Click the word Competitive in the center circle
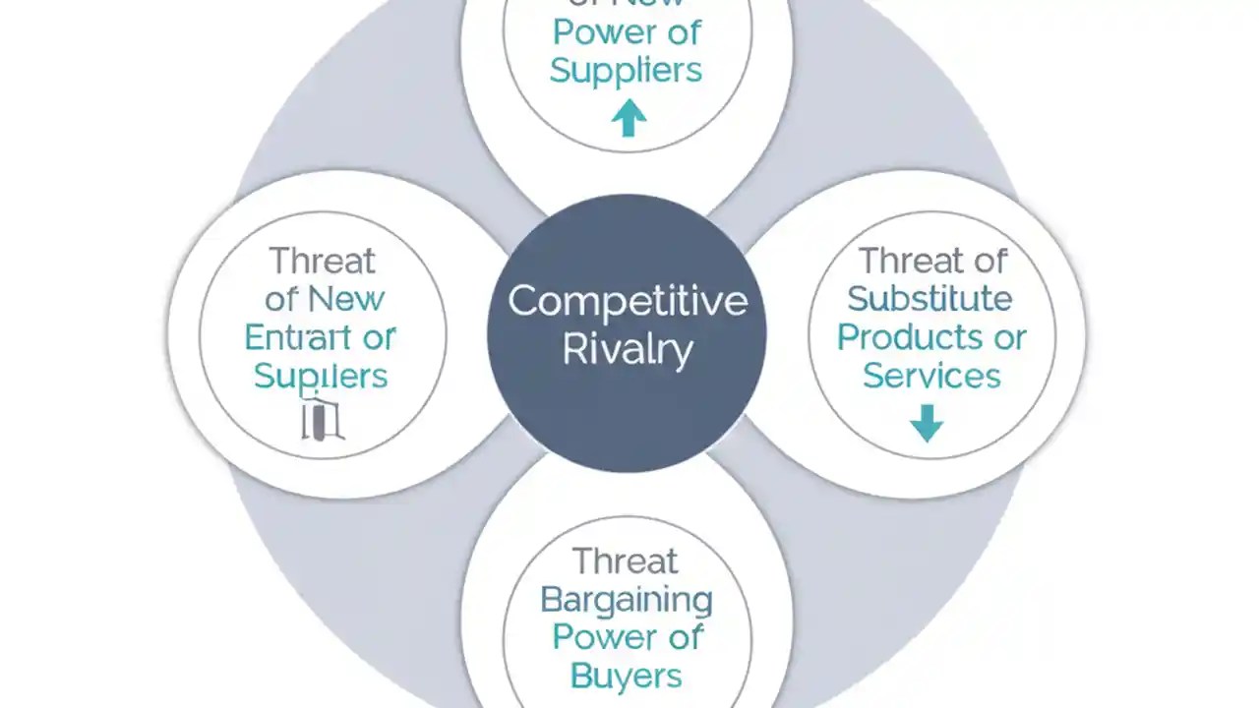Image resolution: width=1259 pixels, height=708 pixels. point(627,301)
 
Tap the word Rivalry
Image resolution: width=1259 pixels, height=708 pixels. point(627,350)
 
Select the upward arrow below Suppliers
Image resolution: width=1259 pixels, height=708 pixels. point(629,118)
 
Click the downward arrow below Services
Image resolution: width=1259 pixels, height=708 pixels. point(927,424)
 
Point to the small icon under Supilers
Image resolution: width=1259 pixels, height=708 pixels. point(322,418)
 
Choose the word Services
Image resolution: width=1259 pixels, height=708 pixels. point(930,376)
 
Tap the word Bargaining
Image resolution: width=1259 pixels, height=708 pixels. point(627,600)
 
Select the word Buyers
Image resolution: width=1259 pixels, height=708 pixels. point(626,676)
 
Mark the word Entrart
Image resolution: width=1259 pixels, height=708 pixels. point(292,337)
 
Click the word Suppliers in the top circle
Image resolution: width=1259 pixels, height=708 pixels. point(626,70)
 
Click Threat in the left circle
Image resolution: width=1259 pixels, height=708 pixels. point(322,261)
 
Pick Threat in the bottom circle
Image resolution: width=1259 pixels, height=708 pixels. point(626,560)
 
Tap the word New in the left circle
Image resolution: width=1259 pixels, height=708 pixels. point(345,298)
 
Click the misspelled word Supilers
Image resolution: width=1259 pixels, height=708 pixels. point(321,376)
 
